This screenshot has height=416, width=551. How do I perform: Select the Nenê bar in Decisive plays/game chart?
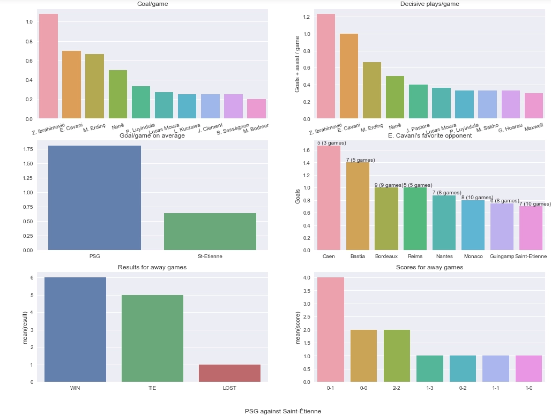395,97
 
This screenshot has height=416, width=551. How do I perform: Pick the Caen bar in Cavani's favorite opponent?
329,198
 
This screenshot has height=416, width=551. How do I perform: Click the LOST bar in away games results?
229,373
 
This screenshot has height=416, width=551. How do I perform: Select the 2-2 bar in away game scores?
397,356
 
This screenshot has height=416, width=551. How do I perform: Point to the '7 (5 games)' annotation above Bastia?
361,160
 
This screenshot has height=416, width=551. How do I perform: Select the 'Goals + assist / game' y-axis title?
298,66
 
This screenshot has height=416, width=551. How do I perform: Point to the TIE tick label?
152,388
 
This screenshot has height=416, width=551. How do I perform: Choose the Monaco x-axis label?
472,256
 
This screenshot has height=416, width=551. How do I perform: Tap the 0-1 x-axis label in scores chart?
330,388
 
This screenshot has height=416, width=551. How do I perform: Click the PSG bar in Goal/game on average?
94,198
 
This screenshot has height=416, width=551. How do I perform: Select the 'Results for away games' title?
152,267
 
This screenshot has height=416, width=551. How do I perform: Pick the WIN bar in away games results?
75,329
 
